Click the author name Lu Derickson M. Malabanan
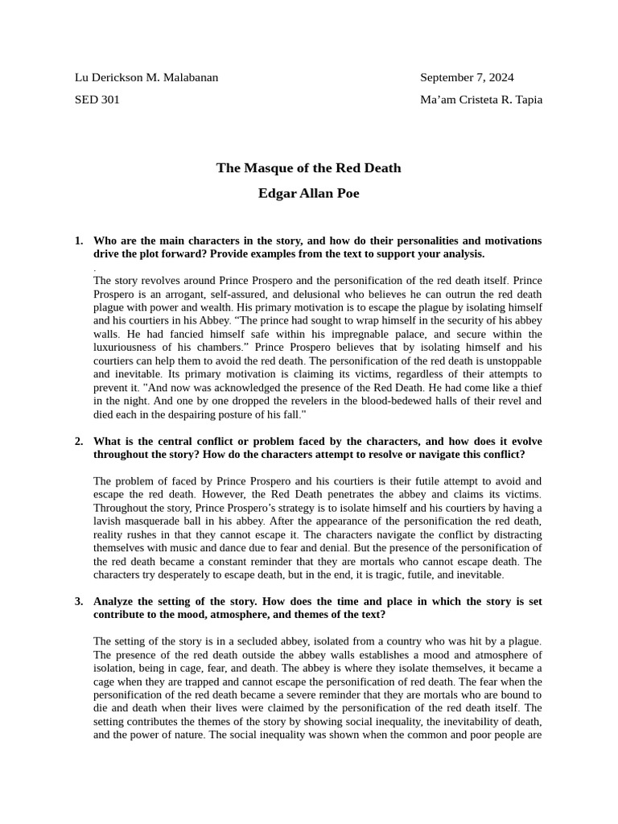click(x=146, y=77)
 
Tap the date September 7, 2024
click(x=467, y=77)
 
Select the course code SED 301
click(x=97, y=100)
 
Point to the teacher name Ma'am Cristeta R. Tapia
click(x=480, y=100)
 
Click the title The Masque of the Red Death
click(x=308, y=168)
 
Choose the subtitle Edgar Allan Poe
click(x=308, y=194)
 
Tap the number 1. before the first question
click(x=79, y=241)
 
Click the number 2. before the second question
click(x=79, y=441)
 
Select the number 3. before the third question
click(x=79, y=601)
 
